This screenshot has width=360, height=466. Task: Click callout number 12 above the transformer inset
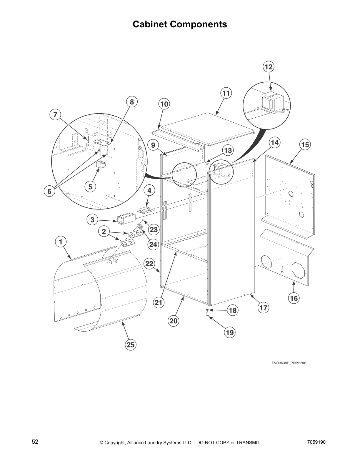268,67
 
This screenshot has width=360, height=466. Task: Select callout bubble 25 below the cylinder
131,344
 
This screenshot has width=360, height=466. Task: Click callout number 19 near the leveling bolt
230,332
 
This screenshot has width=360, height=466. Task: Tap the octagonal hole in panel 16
299,270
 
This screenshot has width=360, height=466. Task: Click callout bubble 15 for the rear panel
305,144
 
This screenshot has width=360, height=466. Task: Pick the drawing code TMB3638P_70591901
289,363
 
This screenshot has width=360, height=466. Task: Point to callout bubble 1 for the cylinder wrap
61,242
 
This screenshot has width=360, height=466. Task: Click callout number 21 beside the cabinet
159,302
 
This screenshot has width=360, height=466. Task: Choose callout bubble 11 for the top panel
226,93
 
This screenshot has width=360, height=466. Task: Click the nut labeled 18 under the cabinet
208,311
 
